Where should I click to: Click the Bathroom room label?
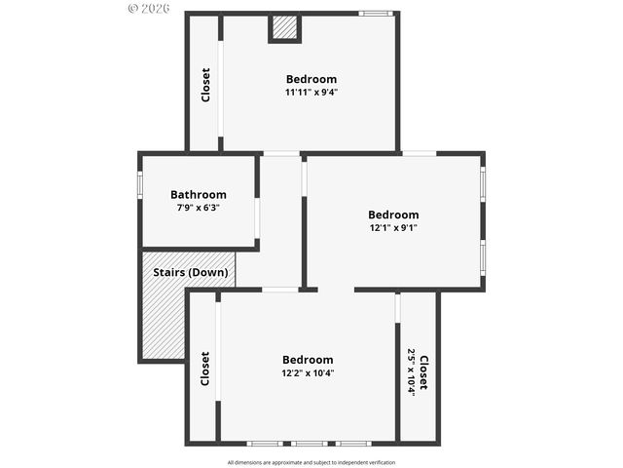click(x=199, y=194)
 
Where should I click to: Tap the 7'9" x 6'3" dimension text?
click(x=199, y=208)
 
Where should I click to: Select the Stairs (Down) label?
click(x=191, y=272)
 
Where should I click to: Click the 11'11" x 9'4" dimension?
click(x=311, y=93)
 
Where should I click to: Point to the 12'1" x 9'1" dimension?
click(x=393, y=228)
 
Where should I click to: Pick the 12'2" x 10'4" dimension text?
click(x=308, y=372)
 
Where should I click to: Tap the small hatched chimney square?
click(x=284, y=28)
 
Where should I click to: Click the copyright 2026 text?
click(x=149, y=8)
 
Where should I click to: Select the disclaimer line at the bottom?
click(x=311, y=462)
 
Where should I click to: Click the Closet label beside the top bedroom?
click(x=205, y=84)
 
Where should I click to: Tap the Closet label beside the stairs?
click(x=204, y=369)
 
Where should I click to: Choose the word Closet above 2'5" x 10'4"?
click(x=423, y=371)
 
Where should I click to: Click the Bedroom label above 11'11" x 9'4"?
click(x=311, y=79)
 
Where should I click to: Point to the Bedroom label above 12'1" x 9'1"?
click(x=393, y=214)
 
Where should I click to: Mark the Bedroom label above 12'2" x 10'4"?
click(x=308, y=359)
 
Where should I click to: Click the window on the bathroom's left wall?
click(x=140, y=185)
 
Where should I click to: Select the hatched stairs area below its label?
click(x=161, y=322)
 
